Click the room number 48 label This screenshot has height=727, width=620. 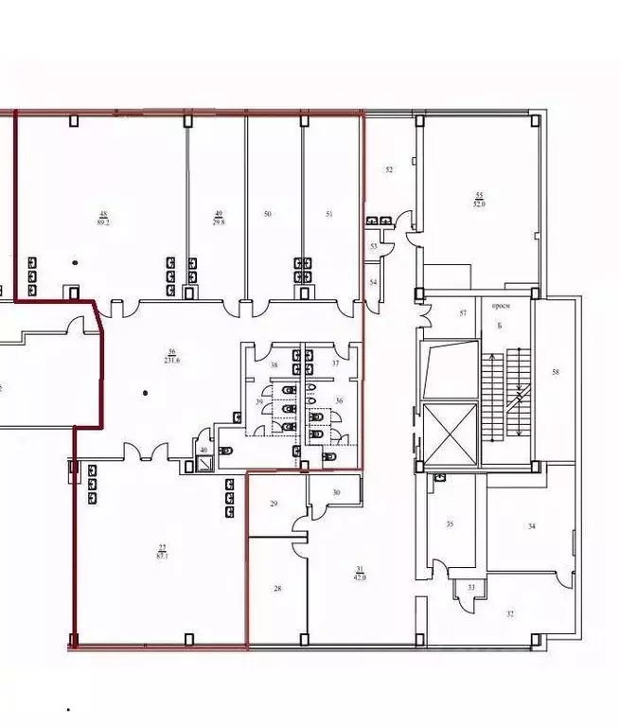pyautogui.click(x=103, y=213)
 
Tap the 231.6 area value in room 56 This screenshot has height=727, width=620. pyautogui.click(x=171, y=361)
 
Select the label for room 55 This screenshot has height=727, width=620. pyautogui.click(x=480, y=195)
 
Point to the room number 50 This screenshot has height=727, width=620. pyautogui.click(x=268, y=215)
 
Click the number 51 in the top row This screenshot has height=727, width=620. pyautogui.click(x=329, y=215)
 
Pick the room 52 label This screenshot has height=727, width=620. pyautogui.click(x=388, y=169)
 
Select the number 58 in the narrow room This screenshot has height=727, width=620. pyautogui.click(x=556, y=372)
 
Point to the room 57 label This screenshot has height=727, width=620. pyautogui.click(x=463, y=312)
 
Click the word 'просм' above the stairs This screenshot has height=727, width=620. pyautogui.click(x=501, y=306)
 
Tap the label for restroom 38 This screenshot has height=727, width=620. pyautogui.click(x=275, y=364)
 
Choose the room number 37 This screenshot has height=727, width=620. pyautogui.click(x=334, y=363)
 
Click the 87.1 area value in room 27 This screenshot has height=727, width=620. pyautogui.click(x=162, y=557)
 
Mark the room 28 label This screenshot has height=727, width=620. pyautogui.click(x=277, y=589)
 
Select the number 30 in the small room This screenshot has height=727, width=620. pyautogui.click(x=336, y=492)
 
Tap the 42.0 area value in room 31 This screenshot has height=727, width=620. pyautogui.click(x=360, y=576)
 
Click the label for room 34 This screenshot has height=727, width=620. pyautogui.click(x=531, y=525)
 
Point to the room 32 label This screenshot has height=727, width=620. pyautogui.click(x=510, y=614)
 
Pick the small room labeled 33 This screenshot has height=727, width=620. pyautogui.click(x=470, y=587)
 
